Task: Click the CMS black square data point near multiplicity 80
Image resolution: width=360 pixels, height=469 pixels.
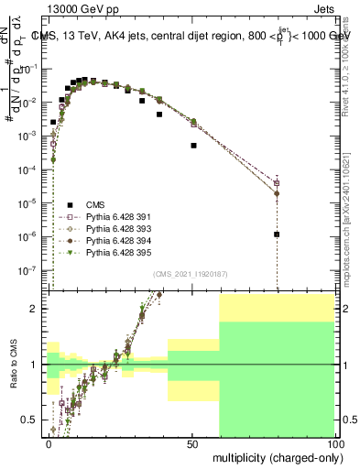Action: point(277,234)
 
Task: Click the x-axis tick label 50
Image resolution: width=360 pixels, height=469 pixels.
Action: point(192,442)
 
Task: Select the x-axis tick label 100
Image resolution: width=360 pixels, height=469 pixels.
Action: point(333,442)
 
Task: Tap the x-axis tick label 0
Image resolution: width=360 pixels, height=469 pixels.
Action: point(49,442)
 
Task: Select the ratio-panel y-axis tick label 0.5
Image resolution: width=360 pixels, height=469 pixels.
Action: point(31,420)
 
